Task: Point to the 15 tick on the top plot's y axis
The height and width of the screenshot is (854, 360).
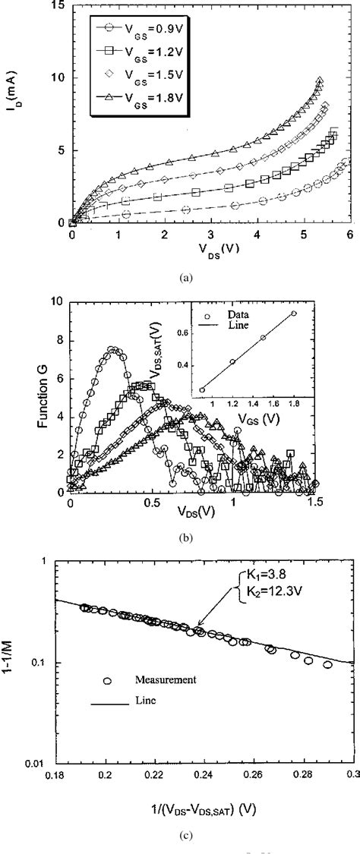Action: (x=56, y=6)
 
